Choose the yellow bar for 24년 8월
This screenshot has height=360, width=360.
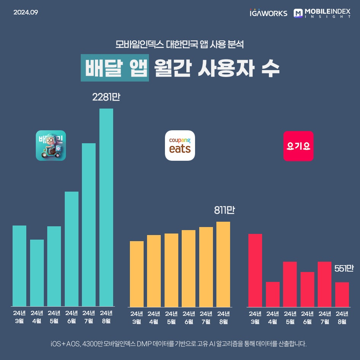coord(223,264)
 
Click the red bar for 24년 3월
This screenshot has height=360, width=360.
coord(255,270)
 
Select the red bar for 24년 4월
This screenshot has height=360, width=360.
coord(273,294)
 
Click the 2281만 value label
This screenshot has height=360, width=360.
coord(106,98)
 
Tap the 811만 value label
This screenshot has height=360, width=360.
coord(224,210)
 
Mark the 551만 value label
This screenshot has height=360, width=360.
coord(344,269)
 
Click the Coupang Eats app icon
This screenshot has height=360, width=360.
coord(180,146)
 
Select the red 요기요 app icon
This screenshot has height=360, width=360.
coord(298,146)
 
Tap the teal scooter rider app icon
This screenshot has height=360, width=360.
coord(51,146)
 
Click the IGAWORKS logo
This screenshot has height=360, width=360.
coord(268,13)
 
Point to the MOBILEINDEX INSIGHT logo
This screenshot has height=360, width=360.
coord(322,13)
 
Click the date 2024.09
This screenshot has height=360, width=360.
coord(26,12)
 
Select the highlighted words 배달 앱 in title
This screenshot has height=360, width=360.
coord(114,69)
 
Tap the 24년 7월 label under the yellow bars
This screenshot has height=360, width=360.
coord(206,318)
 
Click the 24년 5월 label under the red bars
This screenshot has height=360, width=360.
coord(290,318)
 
